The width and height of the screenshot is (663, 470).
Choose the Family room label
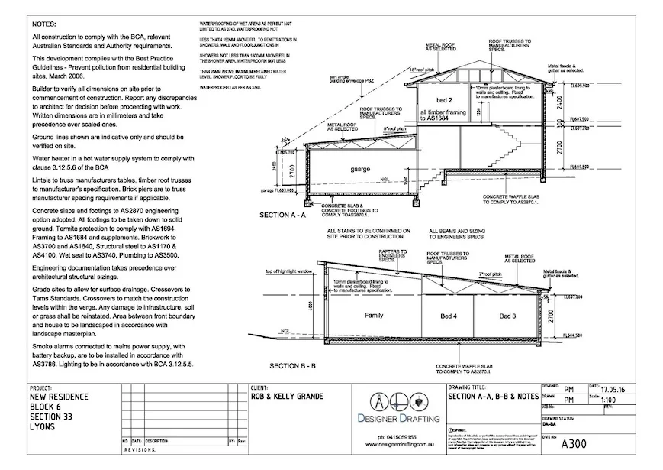click(x=374, y=316)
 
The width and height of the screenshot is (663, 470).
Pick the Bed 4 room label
click(x=449, y=316)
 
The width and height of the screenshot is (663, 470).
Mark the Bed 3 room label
click(x=508, y=316)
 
